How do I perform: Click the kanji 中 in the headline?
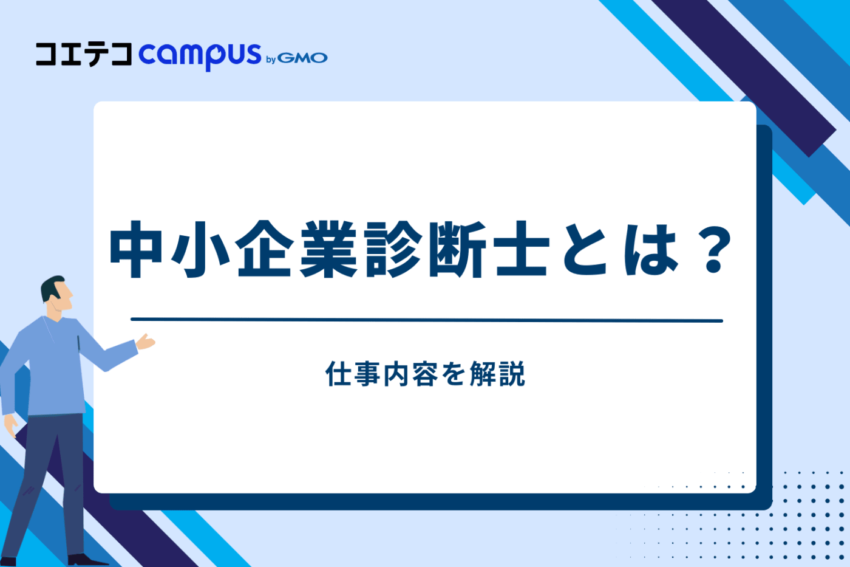pyautogui.click(x=136, y=249)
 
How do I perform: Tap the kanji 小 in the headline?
pyautogui.click(x=200, y=249)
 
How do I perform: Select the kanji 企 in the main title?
pyautogui.click(x=264, y=249)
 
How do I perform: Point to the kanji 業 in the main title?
pyautogui.click(x=328, y=249)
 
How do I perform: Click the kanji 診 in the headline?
pyautogui.click(x=392, y=249)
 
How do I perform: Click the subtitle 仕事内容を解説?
pyautogui.click(x=425, y=374)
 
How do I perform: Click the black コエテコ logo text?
pyautogui.click(x=83, y=54)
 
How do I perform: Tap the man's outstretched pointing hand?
pyautogui.click(x=146, y=342)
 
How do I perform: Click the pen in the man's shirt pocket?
pyautogui.click(x=78, y=343)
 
